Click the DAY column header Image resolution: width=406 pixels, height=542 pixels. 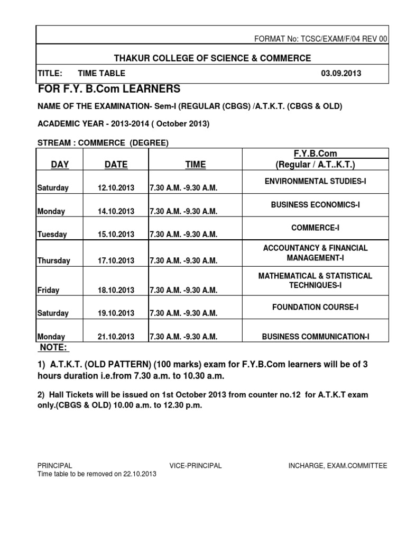[x=60, y=165]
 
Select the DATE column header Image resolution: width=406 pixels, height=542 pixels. [x=116, y=165]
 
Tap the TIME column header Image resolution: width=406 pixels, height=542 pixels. [x=195, y=165]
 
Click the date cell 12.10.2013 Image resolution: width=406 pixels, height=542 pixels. [x=116, y=188]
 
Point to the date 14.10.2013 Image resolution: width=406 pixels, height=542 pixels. [x=116, y=211]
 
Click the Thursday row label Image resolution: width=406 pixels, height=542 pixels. [x=54, y=260]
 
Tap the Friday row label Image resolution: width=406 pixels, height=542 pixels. [x=49, y=290]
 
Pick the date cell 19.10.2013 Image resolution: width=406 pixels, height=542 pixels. [x=116, y=313]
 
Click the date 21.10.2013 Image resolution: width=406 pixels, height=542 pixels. [x=116, y=337]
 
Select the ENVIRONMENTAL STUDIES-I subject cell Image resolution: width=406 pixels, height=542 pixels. [x=315, y=182]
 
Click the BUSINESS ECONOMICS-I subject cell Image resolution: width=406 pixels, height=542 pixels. [x=315, y=204]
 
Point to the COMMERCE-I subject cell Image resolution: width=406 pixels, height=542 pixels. [x=315, y=228]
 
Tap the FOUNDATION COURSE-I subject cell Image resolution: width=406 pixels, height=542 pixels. [x=315, y=307]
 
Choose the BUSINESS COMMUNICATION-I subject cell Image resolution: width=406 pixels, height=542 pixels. [x=315, y=336]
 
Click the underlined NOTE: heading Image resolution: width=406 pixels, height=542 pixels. [x=54, y=348]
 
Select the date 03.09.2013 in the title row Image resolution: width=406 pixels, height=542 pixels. [x=341, y=74]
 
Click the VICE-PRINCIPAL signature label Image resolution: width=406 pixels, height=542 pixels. [x=196, y=466]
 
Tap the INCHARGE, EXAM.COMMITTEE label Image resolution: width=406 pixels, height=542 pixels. [x=337, y=466]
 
